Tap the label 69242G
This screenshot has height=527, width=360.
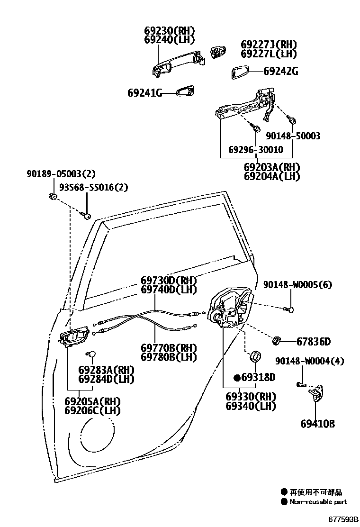[x=280, y=72]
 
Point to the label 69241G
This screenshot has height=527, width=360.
[x=144, y=93]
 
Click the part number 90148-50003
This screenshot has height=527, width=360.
[x=293, y=136]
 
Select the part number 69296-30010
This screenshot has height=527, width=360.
[x=255, y=150]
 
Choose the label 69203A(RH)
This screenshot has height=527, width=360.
[x=272, y=167]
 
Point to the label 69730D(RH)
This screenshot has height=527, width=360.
[x=169, y=280]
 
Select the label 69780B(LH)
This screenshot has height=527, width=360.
[x=169, y=357]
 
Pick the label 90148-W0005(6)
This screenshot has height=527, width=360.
[x=297, y=284]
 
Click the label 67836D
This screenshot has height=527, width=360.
[x=314, y=341]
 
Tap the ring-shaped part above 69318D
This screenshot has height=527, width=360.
[x=256, y=355]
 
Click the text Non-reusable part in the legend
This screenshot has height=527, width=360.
[x=318, y=502]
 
